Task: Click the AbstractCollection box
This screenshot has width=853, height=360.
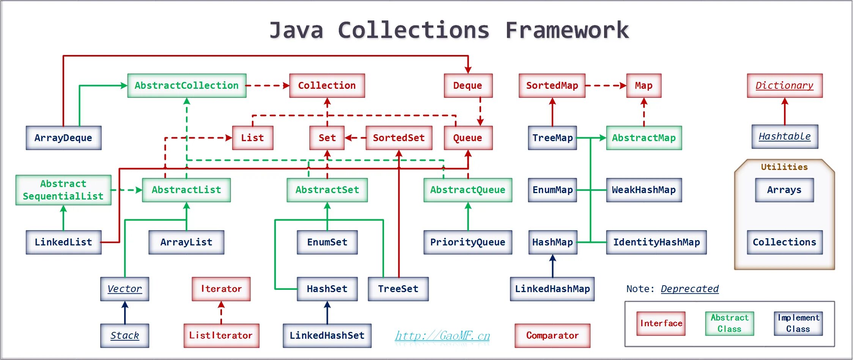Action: [187, 86]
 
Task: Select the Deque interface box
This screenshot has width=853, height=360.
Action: [468, 86]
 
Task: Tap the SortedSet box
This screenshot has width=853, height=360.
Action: [399, 138]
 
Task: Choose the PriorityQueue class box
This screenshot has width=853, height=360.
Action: [467, 242]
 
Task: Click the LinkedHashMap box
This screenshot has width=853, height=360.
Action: [552, 289]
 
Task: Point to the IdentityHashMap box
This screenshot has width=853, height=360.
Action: [656, 242]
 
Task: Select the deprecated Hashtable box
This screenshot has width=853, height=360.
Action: [785, 137]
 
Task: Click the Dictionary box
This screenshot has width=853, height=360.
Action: [785, 86]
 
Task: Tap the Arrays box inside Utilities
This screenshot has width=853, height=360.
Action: [784, 190]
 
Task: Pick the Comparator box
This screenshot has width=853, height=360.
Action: [552, 336]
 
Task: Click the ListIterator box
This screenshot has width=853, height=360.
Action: [221, 336]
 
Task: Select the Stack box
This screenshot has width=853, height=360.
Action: [124, 336]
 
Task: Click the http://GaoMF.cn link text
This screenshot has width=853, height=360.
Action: [442, 336]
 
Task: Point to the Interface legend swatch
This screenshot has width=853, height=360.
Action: [661, 324]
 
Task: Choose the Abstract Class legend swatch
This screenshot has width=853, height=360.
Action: [729, 324]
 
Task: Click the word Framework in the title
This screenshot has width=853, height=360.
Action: [567, 30]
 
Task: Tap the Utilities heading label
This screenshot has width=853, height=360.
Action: [784, 167]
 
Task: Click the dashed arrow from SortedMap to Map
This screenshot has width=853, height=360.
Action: [606, 86]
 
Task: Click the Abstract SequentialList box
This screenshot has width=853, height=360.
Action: [63, 190]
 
